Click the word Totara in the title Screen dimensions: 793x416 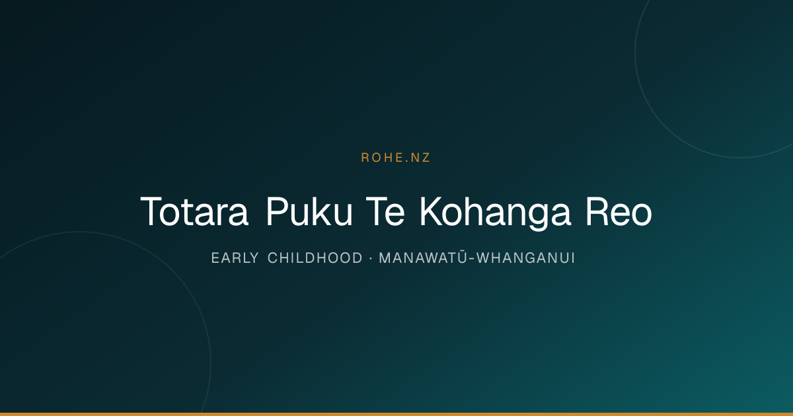(194, 211)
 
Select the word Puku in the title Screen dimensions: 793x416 (309, 211)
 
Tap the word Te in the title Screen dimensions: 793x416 (385, 211)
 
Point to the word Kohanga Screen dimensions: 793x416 (495, 213)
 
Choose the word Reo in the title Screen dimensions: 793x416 (619, 211)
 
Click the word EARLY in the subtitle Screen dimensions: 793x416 (235, 258)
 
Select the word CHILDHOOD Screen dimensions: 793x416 (315, 258)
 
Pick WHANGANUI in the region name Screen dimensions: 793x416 (525, 258)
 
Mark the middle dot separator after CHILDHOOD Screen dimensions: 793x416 (371, 258)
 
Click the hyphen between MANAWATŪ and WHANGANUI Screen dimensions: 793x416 (472, 259)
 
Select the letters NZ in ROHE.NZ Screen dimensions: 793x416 (420, 158)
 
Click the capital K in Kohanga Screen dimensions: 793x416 (430, 211)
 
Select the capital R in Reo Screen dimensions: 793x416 (597, 211)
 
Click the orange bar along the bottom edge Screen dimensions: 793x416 (397, 414)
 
